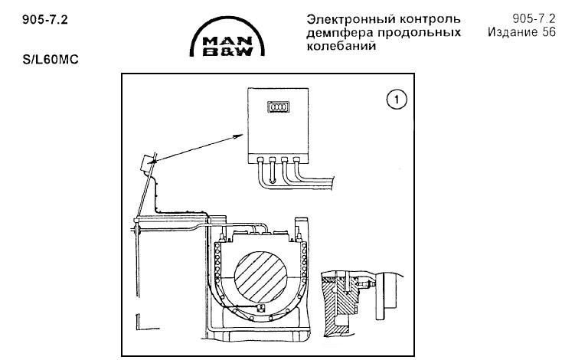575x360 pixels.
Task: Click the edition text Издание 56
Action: pos(521,32)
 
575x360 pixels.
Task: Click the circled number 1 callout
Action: pos(395,100)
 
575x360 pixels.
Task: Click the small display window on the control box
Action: pos(275,109)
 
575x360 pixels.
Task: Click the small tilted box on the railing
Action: pos(145,163)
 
